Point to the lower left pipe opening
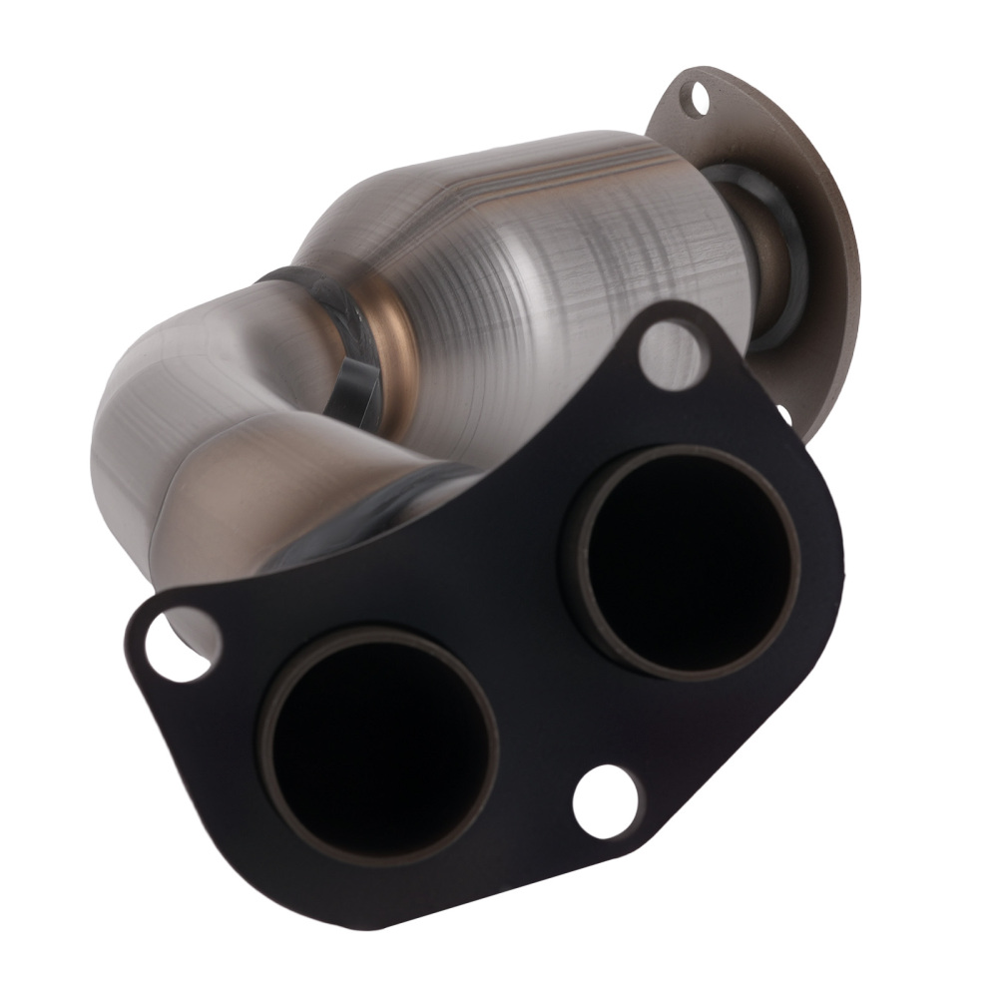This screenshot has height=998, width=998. tap(380, 744)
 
